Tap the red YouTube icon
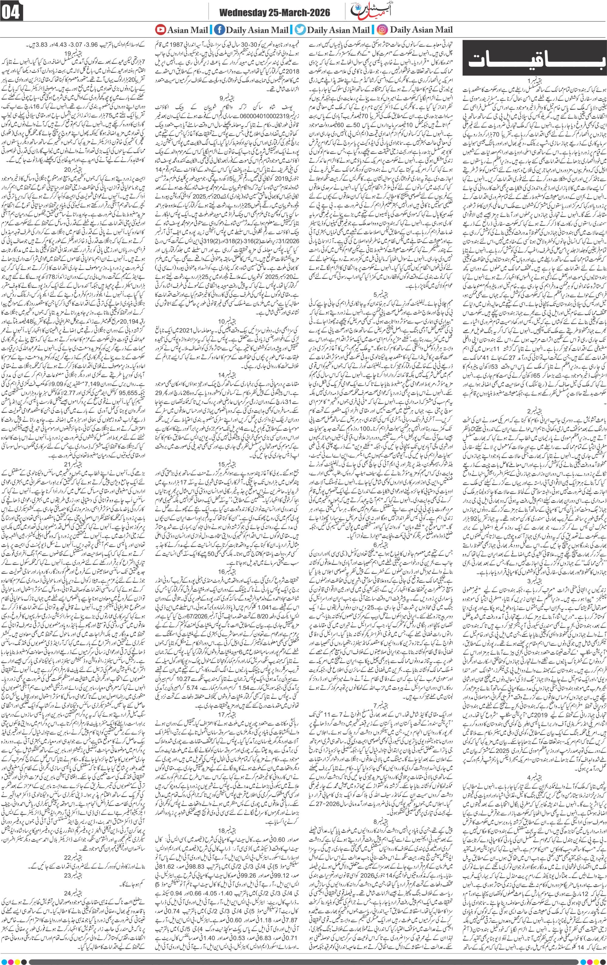coord(161,29)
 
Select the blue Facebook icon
coord(219,29)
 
